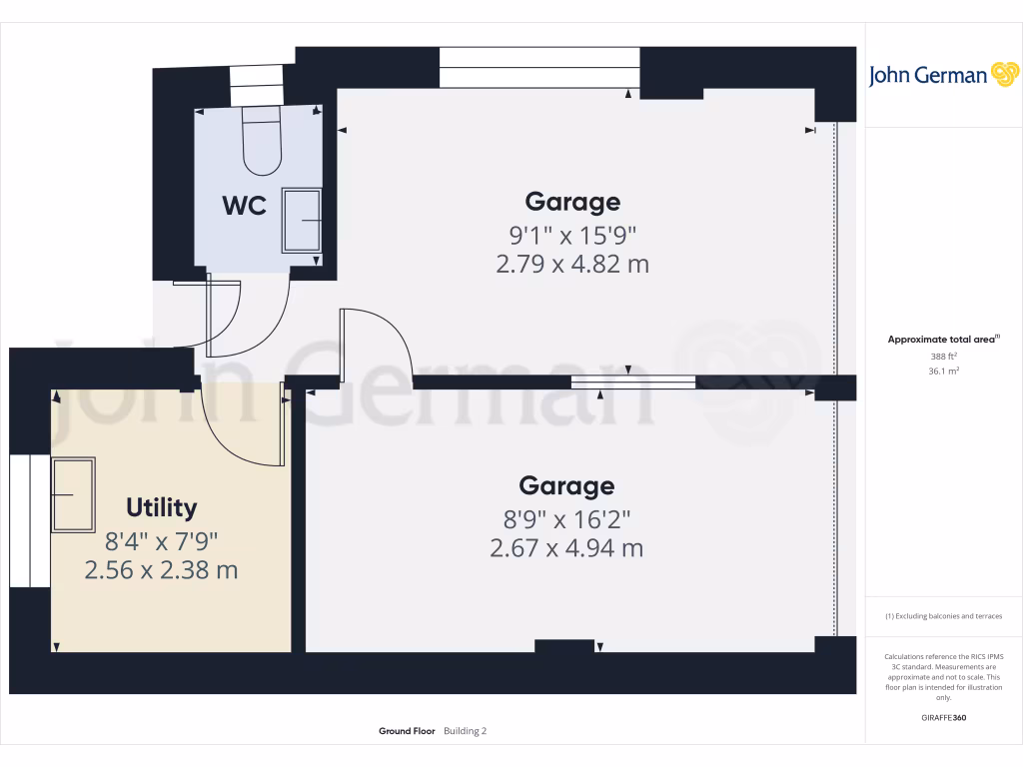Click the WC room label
coord(244,206)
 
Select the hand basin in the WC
coord(302,220)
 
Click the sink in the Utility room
coord(73,494)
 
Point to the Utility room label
coord(162,507)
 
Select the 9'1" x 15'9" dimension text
coord(572,237)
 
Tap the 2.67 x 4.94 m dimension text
coord(566,548)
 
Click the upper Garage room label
coord(572,202)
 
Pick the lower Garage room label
coord(566,485)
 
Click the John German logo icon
coord(1003,75)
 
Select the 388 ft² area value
coord(944,356)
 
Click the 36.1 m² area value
coord(944,371)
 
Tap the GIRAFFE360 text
coord(944,718)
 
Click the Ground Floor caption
coord(407,731)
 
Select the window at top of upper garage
coord(539,68)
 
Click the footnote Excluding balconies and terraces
coord(943,616)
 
